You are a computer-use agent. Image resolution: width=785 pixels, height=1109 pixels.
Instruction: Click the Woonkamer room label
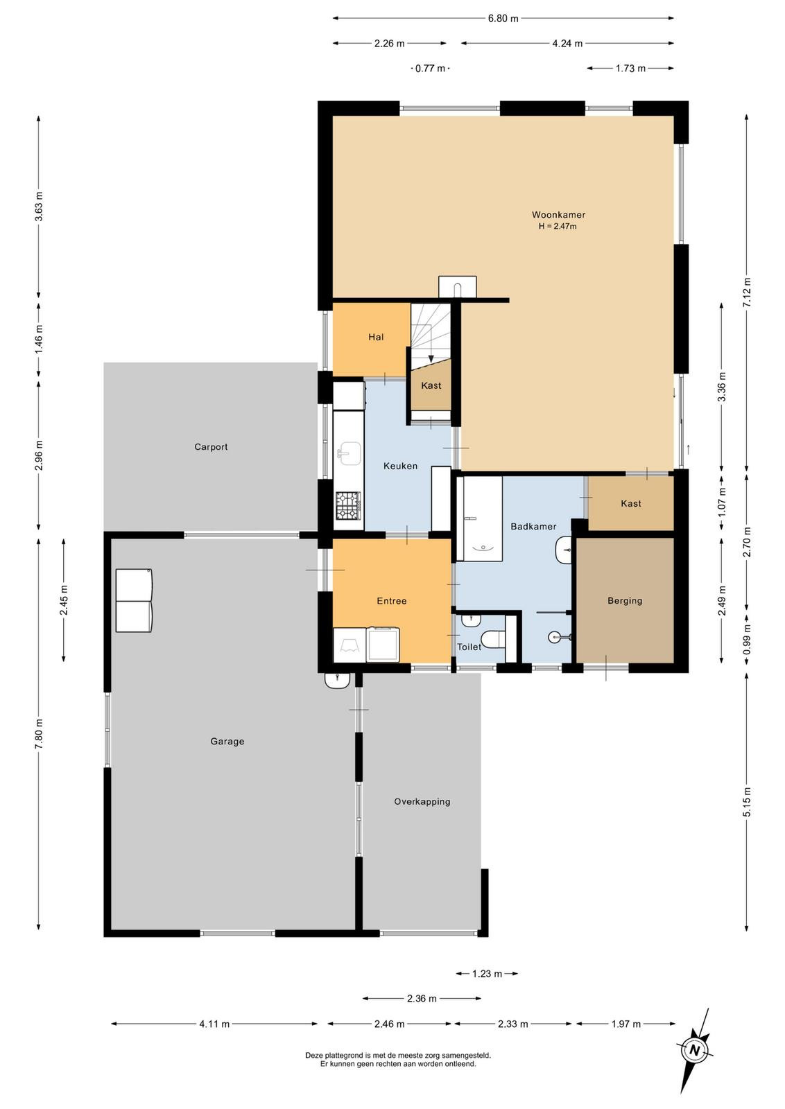pos(558,214)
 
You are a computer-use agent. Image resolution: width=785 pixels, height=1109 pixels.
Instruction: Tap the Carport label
pos(211,447)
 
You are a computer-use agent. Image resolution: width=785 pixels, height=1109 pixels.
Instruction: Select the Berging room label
pos(625,600)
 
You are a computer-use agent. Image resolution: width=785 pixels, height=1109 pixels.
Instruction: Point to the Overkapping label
pos(422,801)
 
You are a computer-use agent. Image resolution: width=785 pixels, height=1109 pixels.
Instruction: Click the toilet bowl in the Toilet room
pos(492,638)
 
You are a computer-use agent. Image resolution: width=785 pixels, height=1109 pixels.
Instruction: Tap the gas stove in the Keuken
pos(349,505)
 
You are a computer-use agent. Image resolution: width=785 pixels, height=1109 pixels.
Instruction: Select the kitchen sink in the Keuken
pos(349,453)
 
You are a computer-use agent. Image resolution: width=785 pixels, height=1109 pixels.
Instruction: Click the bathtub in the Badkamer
pos(479,518)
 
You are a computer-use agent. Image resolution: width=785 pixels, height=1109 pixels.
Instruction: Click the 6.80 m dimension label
pos(503,19)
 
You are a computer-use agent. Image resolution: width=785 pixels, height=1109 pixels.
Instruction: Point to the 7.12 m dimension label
pos(747,292)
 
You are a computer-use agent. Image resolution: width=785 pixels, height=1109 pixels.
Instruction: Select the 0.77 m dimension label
pos(430,69)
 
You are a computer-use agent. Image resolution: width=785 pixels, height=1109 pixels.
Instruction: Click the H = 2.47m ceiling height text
pos(558,227)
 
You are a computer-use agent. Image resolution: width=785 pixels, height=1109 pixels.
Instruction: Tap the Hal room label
pos(376,337)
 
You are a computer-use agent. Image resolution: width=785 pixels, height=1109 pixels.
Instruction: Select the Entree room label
pos(391,601)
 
